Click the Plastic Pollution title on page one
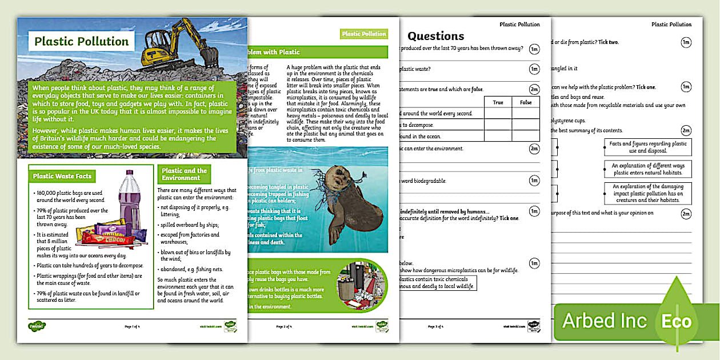(x=82, y=41)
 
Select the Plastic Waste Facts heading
(x=62, y=176)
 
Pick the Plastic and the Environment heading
(x=184, y=174)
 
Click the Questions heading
(x=435, y=36)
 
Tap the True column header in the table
(x=498, y=102)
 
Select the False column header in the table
(x=526, y=102)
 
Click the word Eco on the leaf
(x=676, y=321)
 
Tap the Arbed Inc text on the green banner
(x=599, y=321)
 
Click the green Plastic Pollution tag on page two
(x=363, y=34)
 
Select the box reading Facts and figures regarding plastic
(x=647, y=147)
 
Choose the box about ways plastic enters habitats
(x=647, y=169)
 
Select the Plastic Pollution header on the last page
(x=671, y=25)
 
